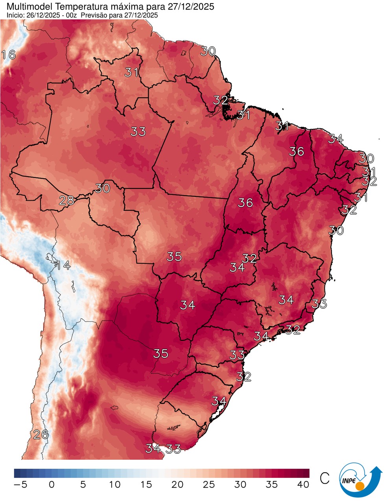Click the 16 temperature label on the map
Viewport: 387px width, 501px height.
8,55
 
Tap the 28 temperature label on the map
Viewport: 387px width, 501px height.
66,201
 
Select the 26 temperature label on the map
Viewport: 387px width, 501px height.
41,435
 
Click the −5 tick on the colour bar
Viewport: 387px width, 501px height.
20,484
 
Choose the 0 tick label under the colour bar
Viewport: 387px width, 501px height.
52,484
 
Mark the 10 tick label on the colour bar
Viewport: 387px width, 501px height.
114,484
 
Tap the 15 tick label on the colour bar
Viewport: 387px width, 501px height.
146,484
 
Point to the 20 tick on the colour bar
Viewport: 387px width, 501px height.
177,484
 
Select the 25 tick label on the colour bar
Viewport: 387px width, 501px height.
209,484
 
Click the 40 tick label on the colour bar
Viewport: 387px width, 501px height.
303,484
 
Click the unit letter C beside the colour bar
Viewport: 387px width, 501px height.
324,478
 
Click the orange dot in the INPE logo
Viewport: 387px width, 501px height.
359,487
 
